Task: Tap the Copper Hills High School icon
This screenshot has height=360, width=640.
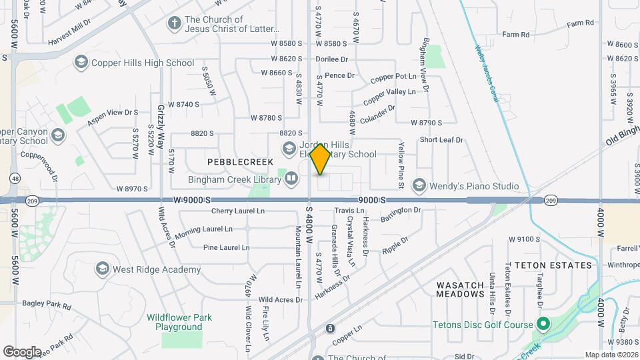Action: pos(81,63)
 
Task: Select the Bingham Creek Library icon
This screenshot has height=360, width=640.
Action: pos(291,178)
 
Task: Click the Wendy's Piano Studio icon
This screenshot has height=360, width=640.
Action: pos(419,185)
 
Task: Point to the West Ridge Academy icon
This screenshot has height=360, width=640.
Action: pos(102,269)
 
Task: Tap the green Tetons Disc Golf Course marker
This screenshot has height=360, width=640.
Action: pos(543,325)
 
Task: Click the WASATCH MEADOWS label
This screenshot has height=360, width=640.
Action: pos(460,289)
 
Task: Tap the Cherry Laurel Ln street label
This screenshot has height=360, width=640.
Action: pos(238,211)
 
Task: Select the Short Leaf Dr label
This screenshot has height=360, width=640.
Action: pos(441,140)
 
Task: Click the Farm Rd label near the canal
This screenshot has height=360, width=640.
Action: pos(515,34)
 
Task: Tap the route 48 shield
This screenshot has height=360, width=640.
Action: pos(15,178)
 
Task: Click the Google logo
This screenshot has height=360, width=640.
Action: pos(22,351)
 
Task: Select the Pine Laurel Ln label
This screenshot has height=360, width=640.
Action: pos(226,247)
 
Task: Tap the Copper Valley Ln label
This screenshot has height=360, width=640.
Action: pos(393,91)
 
